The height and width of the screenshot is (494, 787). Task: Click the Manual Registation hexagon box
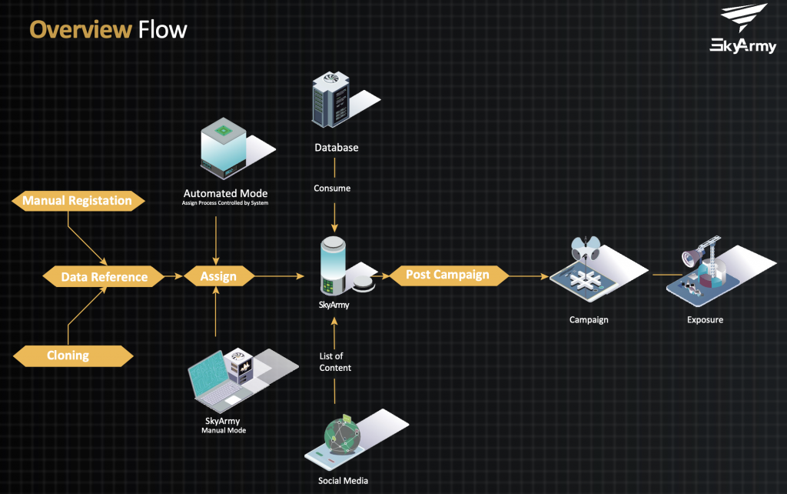(77, 201)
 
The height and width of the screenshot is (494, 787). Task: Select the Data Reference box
(104, 277)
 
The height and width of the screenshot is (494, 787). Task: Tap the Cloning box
(73, 355)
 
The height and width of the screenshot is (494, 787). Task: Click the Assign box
(218, 276)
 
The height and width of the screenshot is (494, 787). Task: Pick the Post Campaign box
(447, 275)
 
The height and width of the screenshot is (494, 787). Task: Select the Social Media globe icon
(340, 439)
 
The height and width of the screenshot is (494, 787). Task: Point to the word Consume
(332, 188)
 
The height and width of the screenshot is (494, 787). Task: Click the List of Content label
(335, 362)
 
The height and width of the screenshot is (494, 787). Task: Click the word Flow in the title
(162, 30)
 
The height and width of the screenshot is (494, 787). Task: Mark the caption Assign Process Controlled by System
(226, 204)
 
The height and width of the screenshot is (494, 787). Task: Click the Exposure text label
(705, 319)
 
